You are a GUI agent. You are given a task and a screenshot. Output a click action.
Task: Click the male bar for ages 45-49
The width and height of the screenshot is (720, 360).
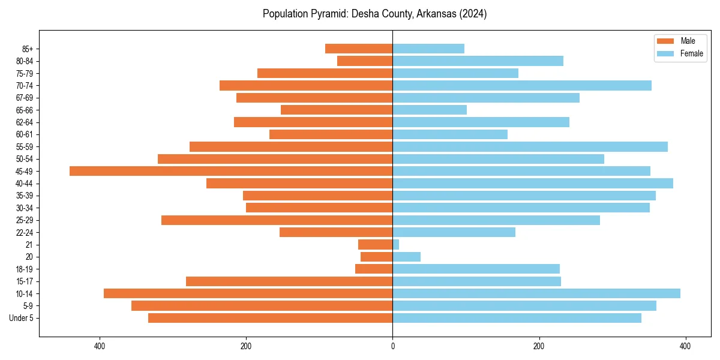(x=231, y=171)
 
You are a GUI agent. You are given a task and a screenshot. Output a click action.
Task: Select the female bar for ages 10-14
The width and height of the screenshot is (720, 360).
(x=536, y=293)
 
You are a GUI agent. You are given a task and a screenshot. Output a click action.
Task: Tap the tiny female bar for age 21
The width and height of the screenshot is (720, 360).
(x=396, y=245)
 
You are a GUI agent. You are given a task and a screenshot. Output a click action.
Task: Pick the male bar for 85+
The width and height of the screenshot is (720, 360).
(x=359, y=49)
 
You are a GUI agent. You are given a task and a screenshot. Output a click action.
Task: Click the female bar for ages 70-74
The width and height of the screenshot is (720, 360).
(x=522, y=85)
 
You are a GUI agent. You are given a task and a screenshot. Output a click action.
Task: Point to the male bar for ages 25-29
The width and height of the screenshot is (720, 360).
(x=277, y=220)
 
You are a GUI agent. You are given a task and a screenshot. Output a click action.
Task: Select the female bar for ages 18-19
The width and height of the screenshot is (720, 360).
(x=476, y=269)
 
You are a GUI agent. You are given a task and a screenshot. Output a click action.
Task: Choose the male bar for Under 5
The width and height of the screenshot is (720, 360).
(x=271, y=318)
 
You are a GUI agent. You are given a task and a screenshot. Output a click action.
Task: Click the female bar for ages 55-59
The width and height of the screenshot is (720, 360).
(x=530, y=146)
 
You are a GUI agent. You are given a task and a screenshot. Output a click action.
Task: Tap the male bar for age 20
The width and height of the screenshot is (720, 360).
(x=377, y=257)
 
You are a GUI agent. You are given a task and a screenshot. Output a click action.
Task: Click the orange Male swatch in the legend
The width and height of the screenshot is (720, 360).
(x=665, y=41)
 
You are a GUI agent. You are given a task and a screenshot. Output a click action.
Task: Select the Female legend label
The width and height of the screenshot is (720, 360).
(x=691, y=53)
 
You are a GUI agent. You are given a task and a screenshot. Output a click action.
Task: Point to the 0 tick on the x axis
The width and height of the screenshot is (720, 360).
(x=393, y=346)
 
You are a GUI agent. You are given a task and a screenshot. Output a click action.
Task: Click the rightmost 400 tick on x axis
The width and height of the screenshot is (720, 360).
(x=685, y=346)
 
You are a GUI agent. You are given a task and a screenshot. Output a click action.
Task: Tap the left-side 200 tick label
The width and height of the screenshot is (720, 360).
(x=246, y=346)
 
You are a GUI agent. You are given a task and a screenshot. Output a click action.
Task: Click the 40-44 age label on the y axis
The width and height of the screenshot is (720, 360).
(x=25, y=184)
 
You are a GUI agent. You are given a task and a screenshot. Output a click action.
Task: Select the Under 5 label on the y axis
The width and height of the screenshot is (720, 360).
(x=22, y=318)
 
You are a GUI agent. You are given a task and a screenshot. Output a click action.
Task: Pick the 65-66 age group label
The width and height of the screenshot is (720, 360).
(x=25, y=110)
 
